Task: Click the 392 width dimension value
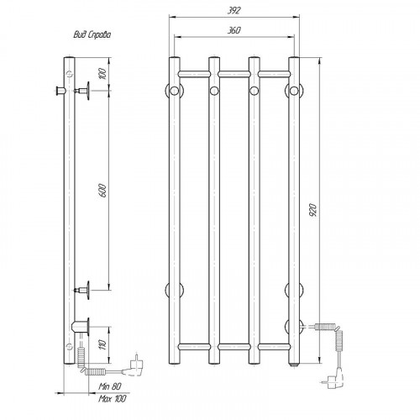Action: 234,11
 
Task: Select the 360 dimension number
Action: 234,30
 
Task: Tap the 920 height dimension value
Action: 313,210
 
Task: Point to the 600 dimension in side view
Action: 103,191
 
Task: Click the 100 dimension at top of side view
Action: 103,73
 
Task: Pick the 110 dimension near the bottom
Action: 103,345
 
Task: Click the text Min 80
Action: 110,386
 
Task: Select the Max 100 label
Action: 112,399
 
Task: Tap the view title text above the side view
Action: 92,34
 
